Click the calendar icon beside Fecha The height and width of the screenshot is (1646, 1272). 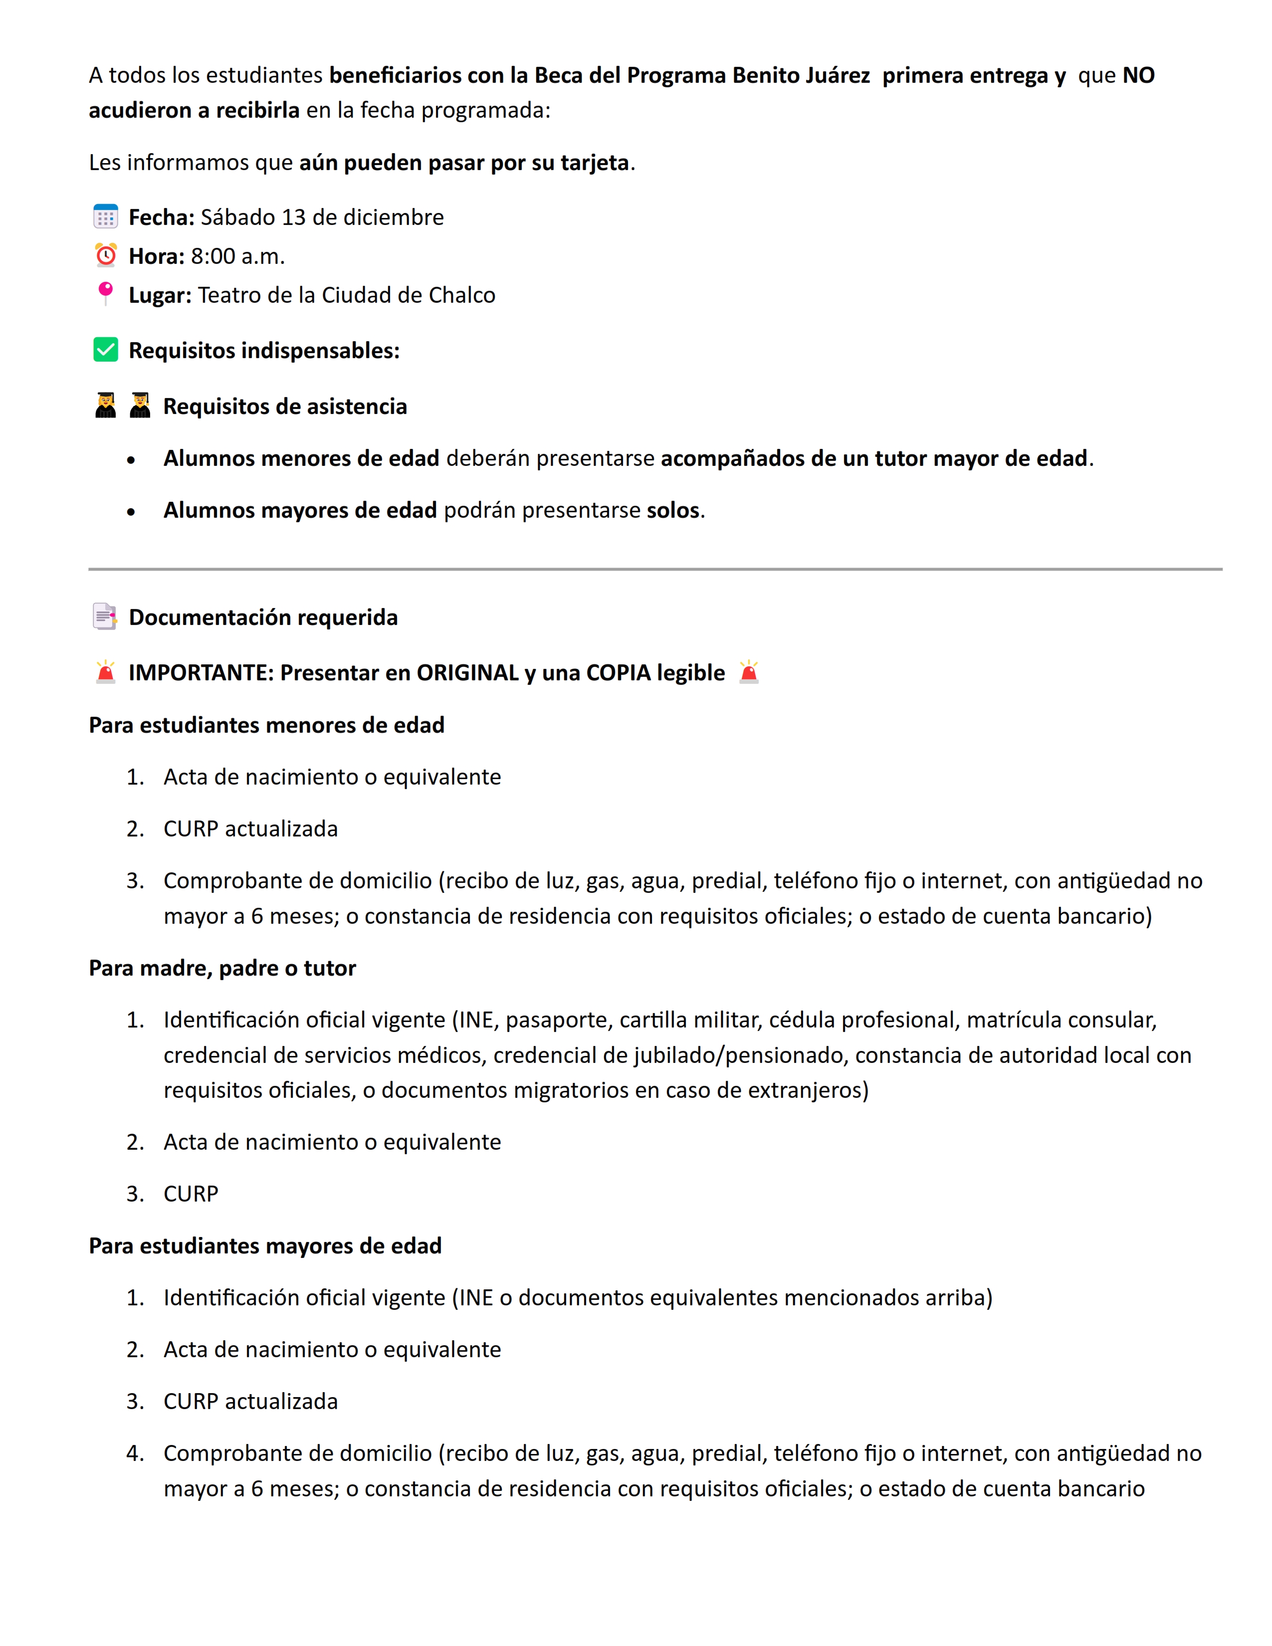pos(105,216)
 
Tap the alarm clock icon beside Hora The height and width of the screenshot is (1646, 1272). pos(105,255)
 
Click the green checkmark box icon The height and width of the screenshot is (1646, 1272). pos(105,350)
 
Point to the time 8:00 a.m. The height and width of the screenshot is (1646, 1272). pos(237,256)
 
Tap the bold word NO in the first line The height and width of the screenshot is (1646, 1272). pos(1138,75)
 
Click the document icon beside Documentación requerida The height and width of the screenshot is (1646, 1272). pos(105,617)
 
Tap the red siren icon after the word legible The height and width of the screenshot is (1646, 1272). pos(748,671)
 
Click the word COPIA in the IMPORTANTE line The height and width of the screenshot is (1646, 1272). pos(618,672)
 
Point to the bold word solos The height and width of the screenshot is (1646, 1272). pos(673,510)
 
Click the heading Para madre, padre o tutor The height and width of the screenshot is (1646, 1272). pos(222,968)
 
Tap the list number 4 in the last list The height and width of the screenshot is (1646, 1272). pos(134,1453)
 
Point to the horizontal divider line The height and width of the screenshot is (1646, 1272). pos(654,569)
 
